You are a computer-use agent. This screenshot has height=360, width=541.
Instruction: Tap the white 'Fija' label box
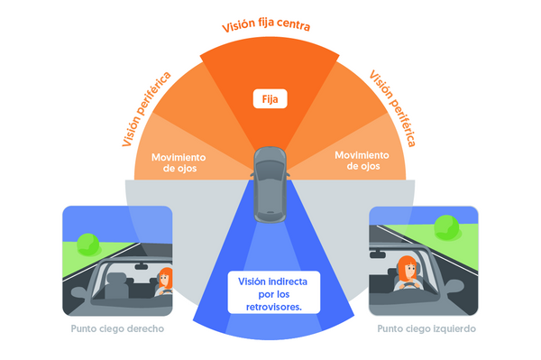click(x=270, y=98)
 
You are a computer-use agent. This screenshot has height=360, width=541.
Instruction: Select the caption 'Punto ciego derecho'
click(x=117, y=328)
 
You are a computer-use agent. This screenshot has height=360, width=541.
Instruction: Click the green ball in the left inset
click(x=87, y=243)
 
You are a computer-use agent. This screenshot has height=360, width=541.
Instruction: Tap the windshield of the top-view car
click(x=270, y=171)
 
